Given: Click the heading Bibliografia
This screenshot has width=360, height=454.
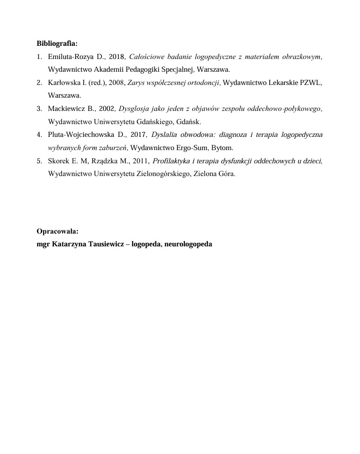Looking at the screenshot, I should click(x=57, y=44).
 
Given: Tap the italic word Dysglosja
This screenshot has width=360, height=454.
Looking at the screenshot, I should click(x=136, y=109).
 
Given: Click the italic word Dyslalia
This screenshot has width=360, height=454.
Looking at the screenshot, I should click(x=164, y=135).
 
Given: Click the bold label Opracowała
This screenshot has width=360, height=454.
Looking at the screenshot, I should click(x=57, y=231).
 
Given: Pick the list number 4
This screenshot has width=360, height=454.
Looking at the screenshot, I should click(x=39, y=135).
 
